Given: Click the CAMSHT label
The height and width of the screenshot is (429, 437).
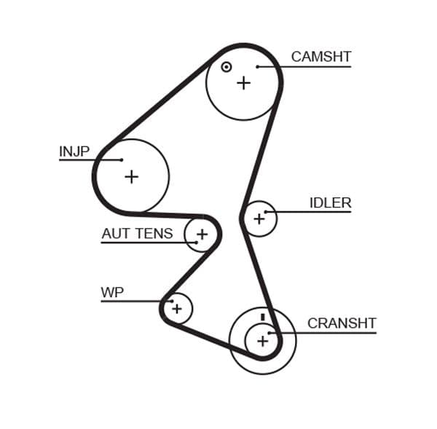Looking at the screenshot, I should click(320, 57).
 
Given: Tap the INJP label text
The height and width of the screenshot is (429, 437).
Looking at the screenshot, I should click(74, 151).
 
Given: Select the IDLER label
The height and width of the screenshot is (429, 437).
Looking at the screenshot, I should click(330, 203).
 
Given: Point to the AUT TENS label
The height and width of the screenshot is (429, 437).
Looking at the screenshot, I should click(137, 234).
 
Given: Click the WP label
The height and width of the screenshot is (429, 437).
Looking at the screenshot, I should click(112, 293).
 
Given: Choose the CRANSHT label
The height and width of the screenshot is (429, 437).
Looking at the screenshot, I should click(342, 323).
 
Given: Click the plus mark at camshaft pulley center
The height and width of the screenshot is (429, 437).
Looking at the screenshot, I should click(243, 82).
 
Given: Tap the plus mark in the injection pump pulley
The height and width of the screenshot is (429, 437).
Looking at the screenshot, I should click(131, 176).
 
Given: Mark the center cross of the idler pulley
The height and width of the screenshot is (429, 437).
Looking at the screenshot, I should click(259, 219).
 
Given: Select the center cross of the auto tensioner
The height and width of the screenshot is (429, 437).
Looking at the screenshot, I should click(202, 235).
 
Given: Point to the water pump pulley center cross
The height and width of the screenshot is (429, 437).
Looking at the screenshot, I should click(176, 309).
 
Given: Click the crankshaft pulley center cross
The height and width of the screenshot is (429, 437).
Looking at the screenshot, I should click(262, 340).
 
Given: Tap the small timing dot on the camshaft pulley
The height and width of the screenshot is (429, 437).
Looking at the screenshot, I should click(227, 67).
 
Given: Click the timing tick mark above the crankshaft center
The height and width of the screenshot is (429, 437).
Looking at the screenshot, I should click(262, 318).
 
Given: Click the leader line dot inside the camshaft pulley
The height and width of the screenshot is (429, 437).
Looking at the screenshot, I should click(258, 67).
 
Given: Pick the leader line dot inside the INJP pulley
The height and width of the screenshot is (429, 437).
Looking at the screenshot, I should click(122, 160).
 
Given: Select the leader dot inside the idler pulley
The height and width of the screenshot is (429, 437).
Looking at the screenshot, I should click(267, 212).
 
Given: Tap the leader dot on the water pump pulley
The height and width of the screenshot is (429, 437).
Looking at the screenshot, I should click(171, 301).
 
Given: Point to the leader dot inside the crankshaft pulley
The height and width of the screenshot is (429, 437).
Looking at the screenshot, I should click(270, 334).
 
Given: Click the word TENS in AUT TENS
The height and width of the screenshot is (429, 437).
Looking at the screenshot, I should click(154, 234).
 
